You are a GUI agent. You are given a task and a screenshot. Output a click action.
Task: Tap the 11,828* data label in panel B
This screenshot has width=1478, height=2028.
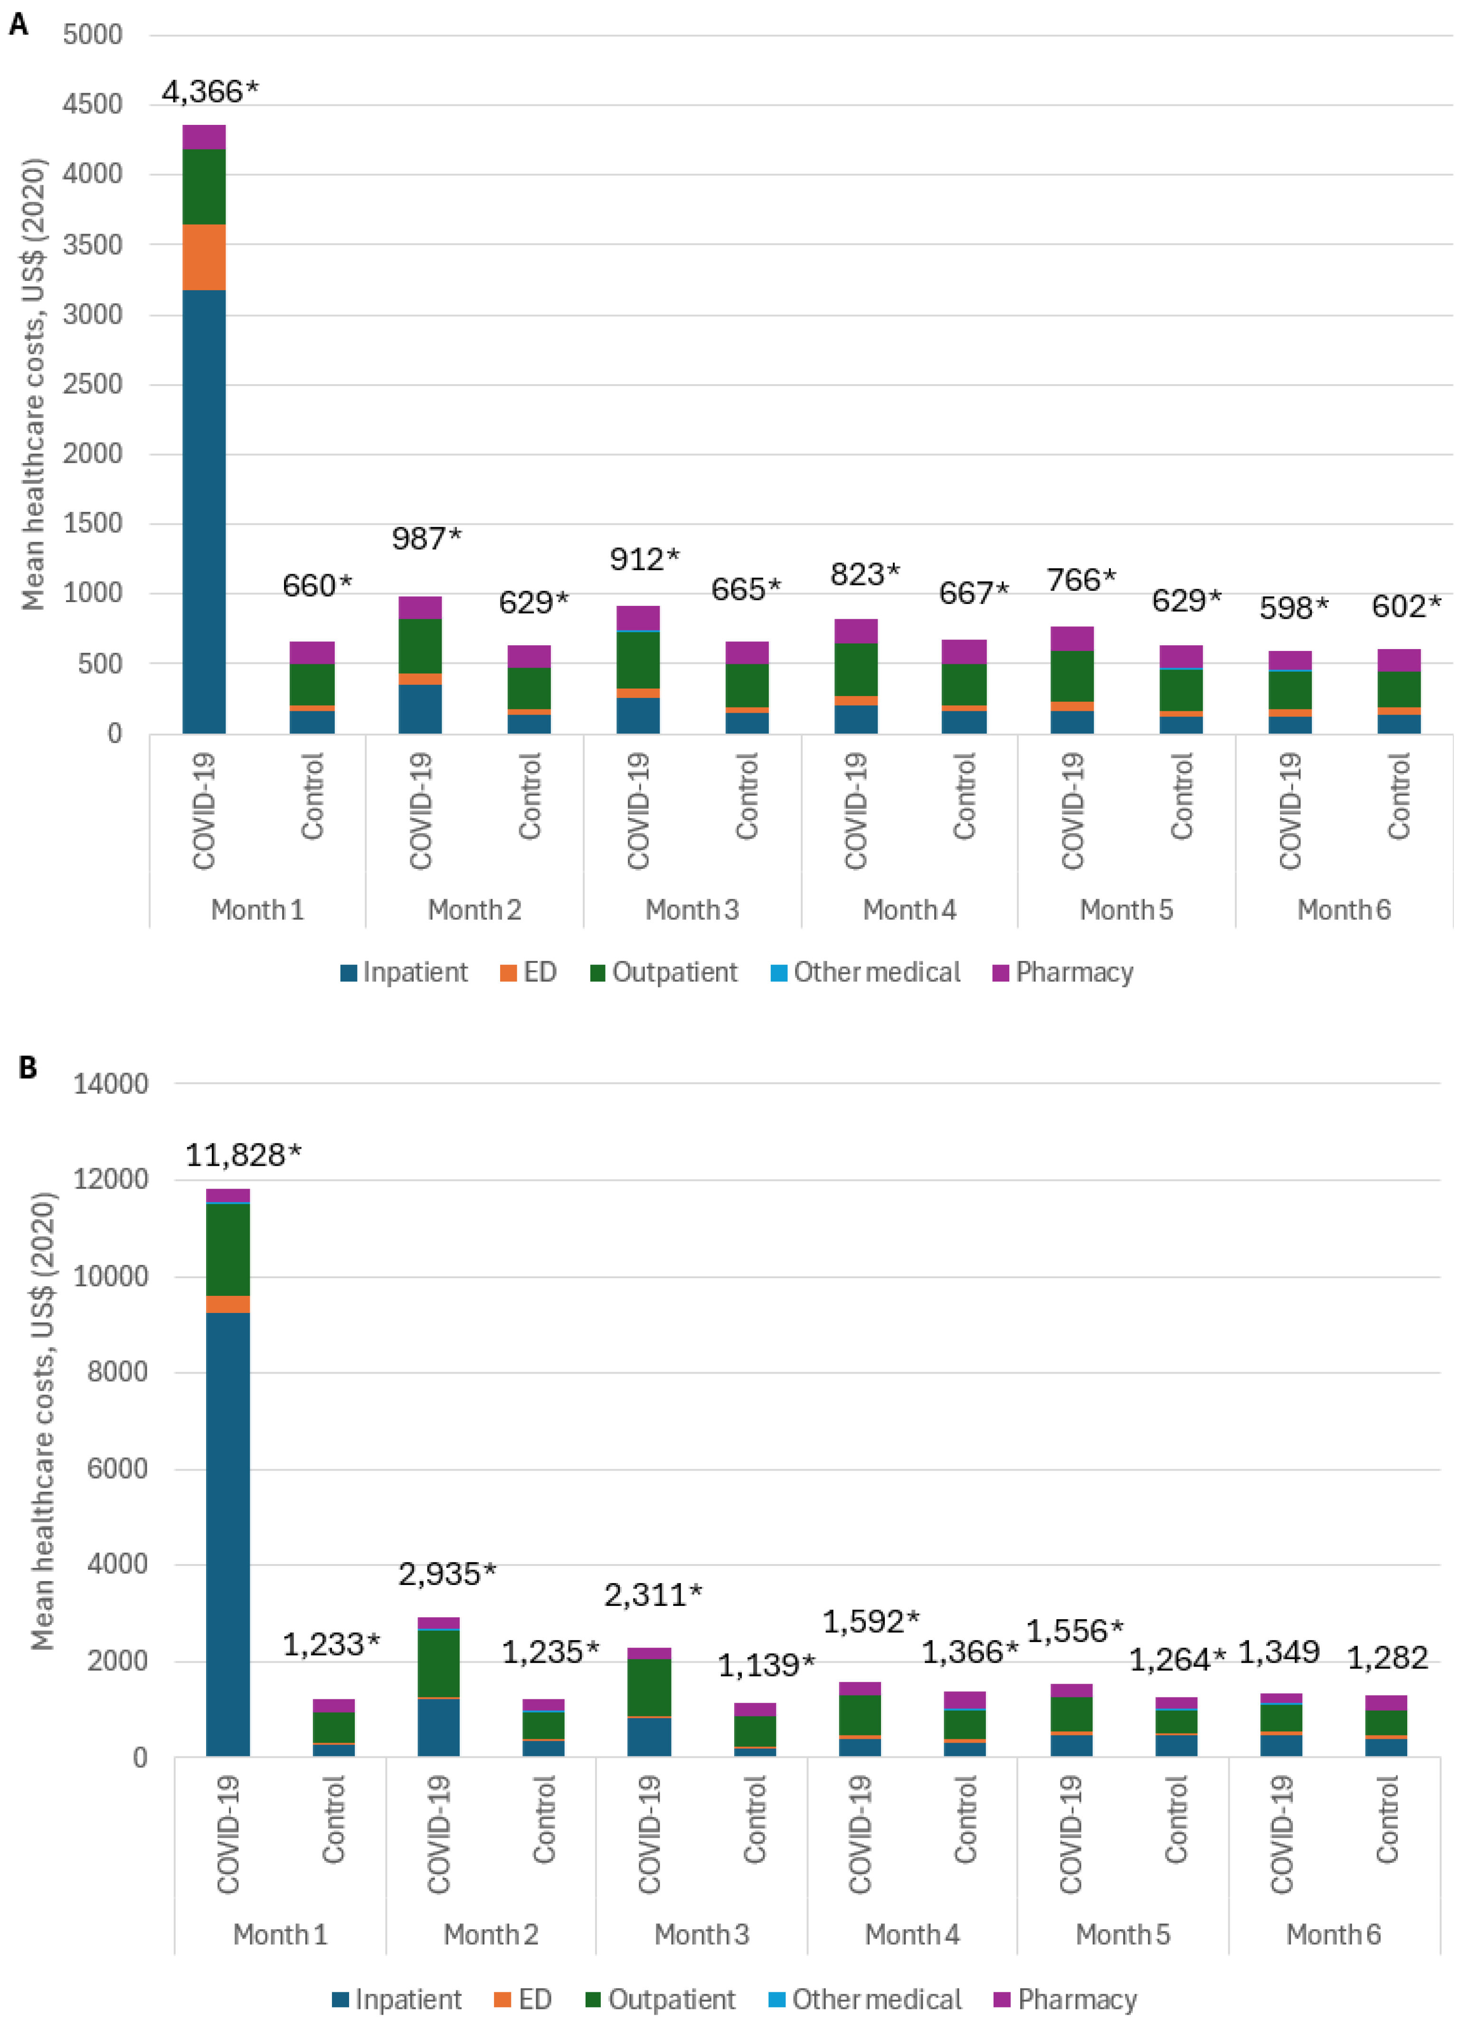243,1155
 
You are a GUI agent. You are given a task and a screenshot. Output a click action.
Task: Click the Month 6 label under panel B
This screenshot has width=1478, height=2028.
1333,1934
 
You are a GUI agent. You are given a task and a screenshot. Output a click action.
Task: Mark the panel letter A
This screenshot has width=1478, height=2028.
18,24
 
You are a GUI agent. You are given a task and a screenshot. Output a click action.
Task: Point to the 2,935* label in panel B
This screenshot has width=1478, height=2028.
446,1574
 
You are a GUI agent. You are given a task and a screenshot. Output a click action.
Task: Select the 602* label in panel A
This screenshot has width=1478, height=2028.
1405,606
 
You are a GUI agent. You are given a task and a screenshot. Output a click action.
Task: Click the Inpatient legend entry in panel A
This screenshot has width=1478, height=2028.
404,972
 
